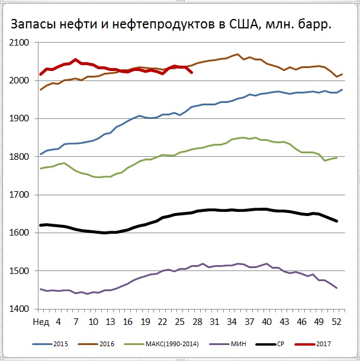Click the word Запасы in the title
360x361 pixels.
tap(30, 25)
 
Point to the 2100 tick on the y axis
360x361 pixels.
tap(21, 43)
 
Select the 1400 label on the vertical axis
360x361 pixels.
tap(21, 309)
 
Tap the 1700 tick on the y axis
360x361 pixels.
tap(21, 195)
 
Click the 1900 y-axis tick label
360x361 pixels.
tap(21, 118)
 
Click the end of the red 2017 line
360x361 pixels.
tap(191, 73)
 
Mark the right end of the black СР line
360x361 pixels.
tap(337, 221)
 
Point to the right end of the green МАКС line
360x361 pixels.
tap(337, 157)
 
